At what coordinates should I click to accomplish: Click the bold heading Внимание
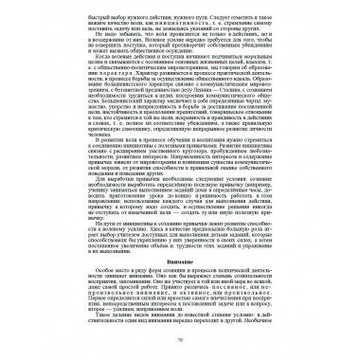pyautogui.click(x=180, y=259)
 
